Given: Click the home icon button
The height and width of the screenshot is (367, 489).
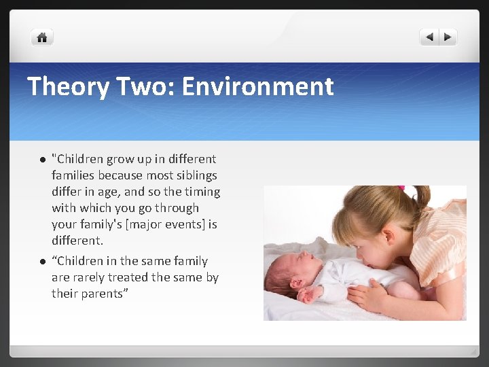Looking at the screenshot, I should pyautogui.click(x=41, y=38).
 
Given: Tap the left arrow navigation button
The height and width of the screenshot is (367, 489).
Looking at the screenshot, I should pyautogui.click(x=429, y=37).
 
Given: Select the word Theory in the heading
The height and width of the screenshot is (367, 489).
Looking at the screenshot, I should pyautogui.click(x=65, y=86).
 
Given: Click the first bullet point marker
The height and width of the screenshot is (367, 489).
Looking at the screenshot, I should pyautogui.click(x=41, y=160).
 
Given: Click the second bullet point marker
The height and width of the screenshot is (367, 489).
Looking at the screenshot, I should pyautogui.click(x=41, y=262).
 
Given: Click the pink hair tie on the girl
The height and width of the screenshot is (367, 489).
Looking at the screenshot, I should pyautogui.click(x=401, y=188).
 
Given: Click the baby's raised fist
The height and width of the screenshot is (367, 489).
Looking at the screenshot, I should pyautogui.click(x=311, y=293).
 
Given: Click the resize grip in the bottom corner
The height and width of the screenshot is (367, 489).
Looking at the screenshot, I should pyautogui.click(x=473, y=351).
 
